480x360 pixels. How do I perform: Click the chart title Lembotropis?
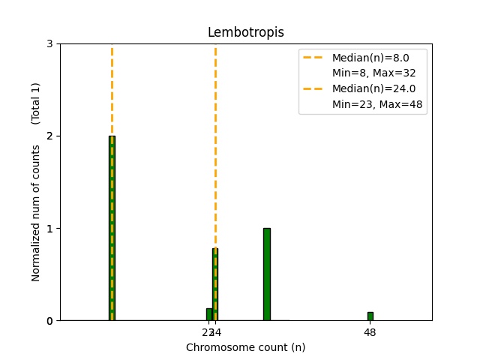246,32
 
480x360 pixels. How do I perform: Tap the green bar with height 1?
266,274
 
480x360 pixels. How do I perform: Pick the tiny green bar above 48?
370,316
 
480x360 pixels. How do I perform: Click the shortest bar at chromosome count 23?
209,314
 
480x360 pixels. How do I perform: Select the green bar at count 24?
215,284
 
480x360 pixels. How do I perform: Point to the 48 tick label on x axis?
370,332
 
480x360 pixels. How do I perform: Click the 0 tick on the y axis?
49,321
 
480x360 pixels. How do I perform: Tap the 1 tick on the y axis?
49,229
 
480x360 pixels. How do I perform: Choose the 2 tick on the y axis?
49,136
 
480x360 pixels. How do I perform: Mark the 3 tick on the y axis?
49,44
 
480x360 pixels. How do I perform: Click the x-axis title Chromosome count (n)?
246,347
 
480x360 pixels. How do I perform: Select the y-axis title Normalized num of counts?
36,213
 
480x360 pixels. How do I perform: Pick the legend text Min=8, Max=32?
373,73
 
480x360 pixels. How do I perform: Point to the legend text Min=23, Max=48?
379,105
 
